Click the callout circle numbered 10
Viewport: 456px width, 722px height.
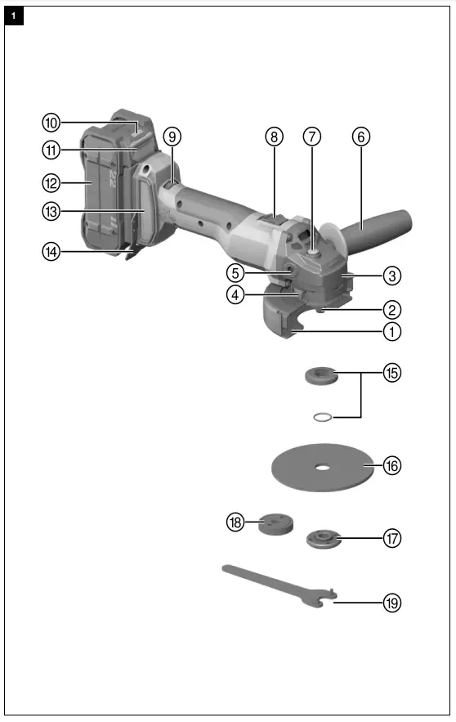click(x=51, y=123)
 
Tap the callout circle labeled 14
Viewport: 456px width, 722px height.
click(x=51, y=251)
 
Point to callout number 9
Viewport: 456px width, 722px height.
click(x=171, y=137)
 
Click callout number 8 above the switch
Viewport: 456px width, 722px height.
click(x=274, y=137)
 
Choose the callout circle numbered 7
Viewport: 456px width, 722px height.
click(x=312, y=137)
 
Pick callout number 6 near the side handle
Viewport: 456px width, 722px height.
click(x=360, y=137)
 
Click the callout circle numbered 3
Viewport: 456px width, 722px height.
click(x=393, y=276)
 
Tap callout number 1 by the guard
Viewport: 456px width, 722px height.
click(x=393, y=332)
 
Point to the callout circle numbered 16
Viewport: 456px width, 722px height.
click(x=393, y=466)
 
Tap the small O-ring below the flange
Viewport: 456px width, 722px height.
click(x=324, y=416)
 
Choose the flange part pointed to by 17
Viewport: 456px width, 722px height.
click(x=321, y=539)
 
